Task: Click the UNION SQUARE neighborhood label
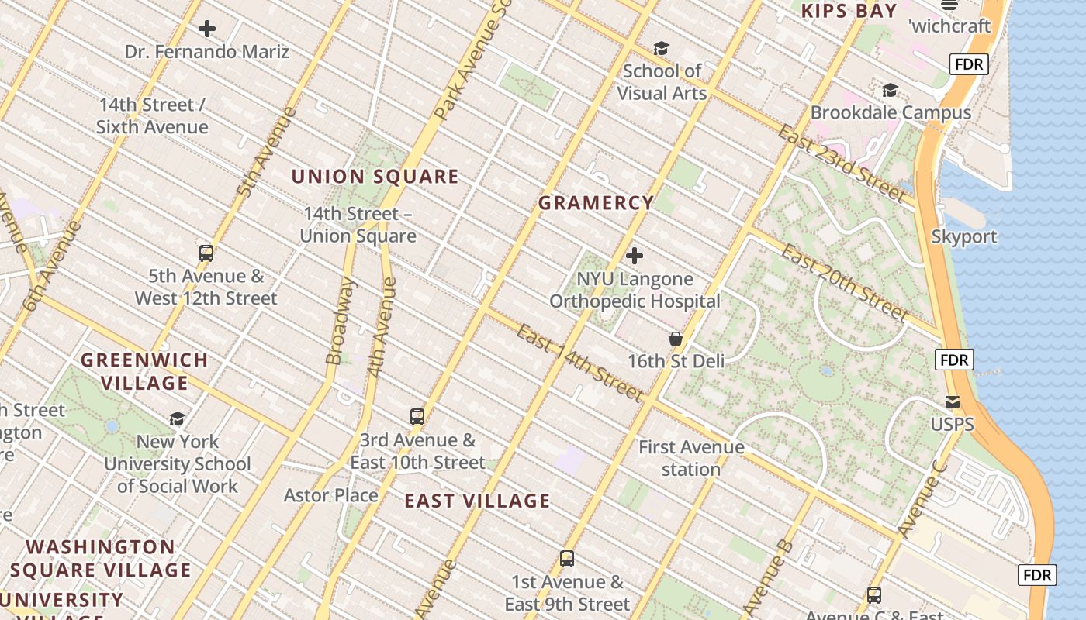[x=375, y=177]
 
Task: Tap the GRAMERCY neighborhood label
[x=596, y=203]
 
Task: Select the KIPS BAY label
[x=849, y=11]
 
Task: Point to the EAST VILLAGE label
[x=477, y=501]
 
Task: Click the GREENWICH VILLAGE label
[x=144, y=371]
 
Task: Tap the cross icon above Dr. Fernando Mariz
[x=207, y=29]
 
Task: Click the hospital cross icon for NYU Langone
[x=635, y=255]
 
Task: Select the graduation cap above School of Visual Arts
[x=661, y=49]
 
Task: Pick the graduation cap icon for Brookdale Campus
[x=890, y=91]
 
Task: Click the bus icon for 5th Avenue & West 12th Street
[x=206, y=253]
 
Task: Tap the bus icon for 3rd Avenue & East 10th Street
[x=417, y=417]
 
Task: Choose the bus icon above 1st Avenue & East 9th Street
[x=567, y=559]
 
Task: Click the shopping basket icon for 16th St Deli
[x=676, y=339]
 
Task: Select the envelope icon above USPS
[x=952, y=402]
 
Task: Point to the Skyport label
[x=964, y=236]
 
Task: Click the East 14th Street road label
[x=580, y=363]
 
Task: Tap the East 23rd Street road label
[x=842, y=164]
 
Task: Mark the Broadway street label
[x=340, y=321]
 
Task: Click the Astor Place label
[x=330, y=495]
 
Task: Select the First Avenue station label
[x=691, y=458]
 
